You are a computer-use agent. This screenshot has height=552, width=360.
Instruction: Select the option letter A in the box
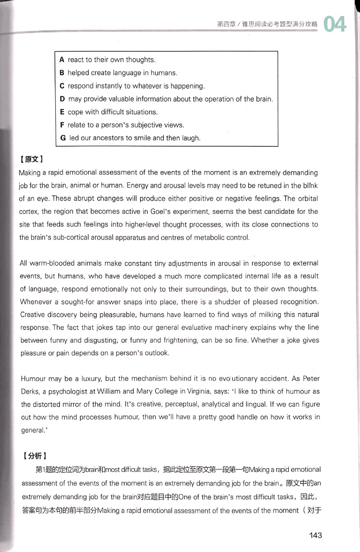pyautogui.click(x=62, y=60)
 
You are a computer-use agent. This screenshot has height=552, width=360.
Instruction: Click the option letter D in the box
pyautogui.click(x=62, y=99)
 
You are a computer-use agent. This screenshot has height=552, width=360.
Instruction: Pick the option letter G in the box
pyautogui.click(x=63, y=138)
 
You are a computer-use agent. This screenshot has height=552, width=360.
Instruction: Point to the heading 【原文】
pyautogui.click(x=31, y=160)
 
